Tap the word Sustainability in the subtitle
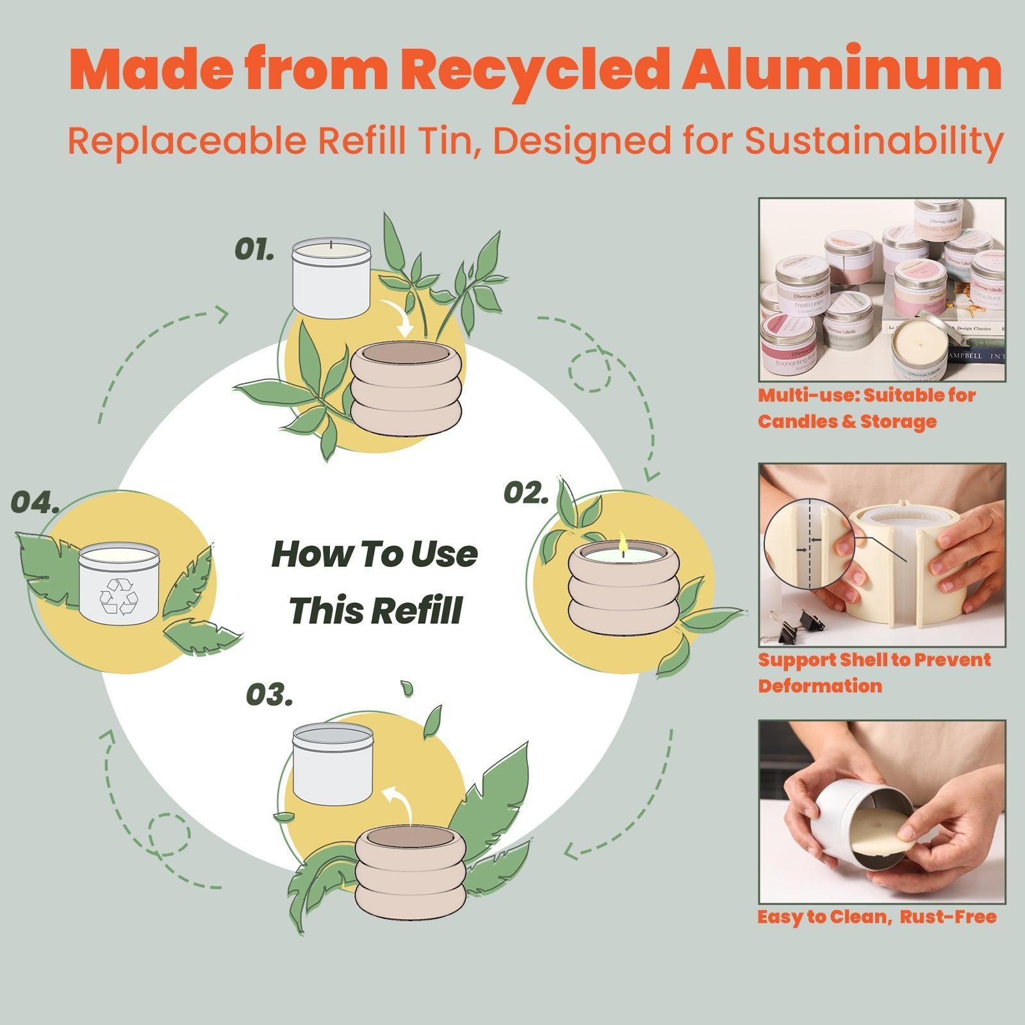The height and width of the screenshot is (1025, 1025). (873, 141)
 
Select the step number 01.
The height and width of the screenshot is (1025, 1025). (254, 249)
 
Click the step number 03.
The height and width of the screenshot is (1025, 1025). (270, 695)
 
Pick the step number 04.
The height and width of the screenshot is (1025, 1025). (36, 503)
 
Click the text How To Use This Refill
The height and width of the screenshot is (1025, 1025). (375, 582)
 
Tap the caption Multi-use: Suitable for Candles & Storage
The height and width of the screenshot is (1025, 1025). (866, 408)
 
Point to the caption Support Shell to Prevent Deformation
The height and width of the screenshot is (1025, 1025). (874, 673)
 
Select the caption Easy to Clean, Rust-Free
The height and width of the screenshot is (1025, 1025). (876, 917)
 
